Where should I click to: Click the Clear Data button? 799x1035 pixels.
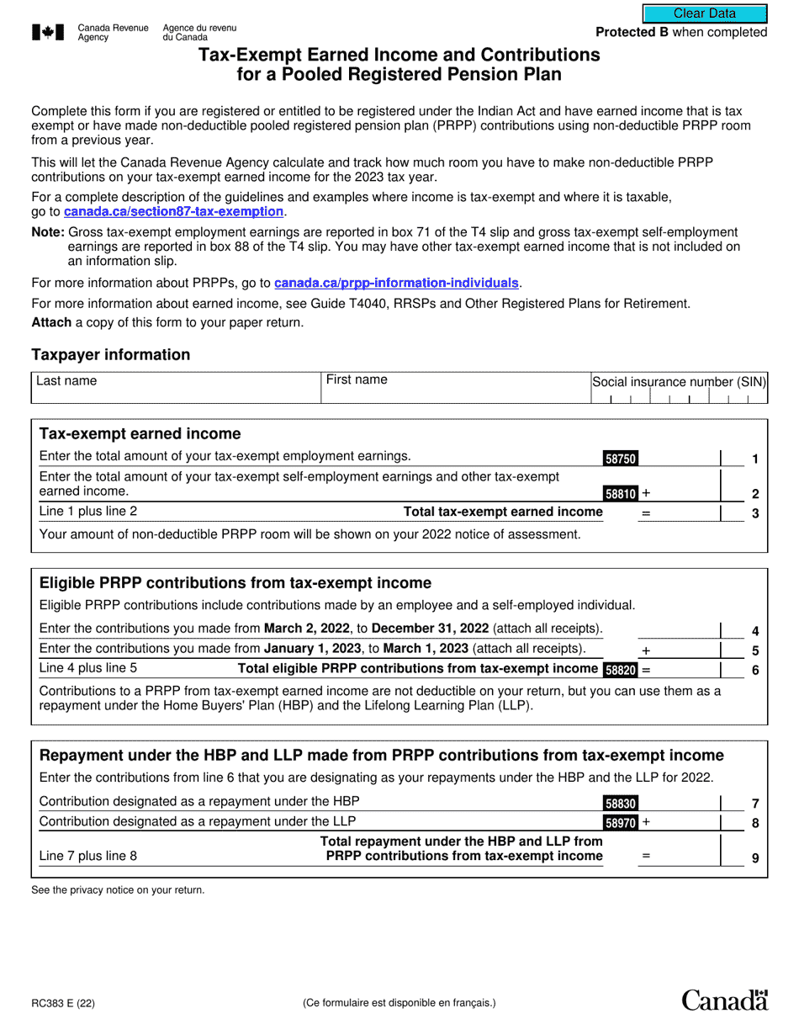click(x=705, y=13)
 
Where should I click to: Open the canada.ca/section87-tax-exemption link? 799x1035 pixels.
click(x=174, y=211)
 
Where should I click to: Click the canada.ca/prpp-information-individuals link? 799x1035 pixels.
click(x=397, y=283)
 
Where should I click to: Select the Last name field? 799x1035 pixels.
click(x=177, y=388)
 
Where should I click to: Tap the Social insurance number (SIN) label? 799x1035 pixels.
click(x=679, y=381)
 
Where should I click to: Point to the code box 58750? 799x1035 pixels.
click(x=621, y=459)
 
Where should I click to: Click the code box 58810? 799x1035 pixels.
click(x=621, y=494)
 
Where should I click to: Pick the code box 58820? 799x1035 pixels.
click(x=621, y=670)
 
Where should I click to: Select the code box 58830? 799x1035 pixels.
click(x=621, y=803)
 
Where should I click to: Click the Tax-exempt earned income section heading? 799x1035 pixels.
click(x=140, y=433)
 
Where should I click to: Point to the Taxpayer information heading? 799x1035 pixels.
click(x=111, y=354)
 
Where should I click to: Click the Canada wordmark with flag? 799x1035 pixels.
click(x=724, y=1000)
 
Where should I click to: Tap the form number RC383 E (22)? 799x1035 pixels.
click(x=63, y=1003)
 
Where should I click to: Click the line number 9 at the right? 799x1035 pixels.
click(x=754, y=859)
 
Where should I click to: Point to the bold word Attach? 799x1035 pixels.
click(x=51, y=322)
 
